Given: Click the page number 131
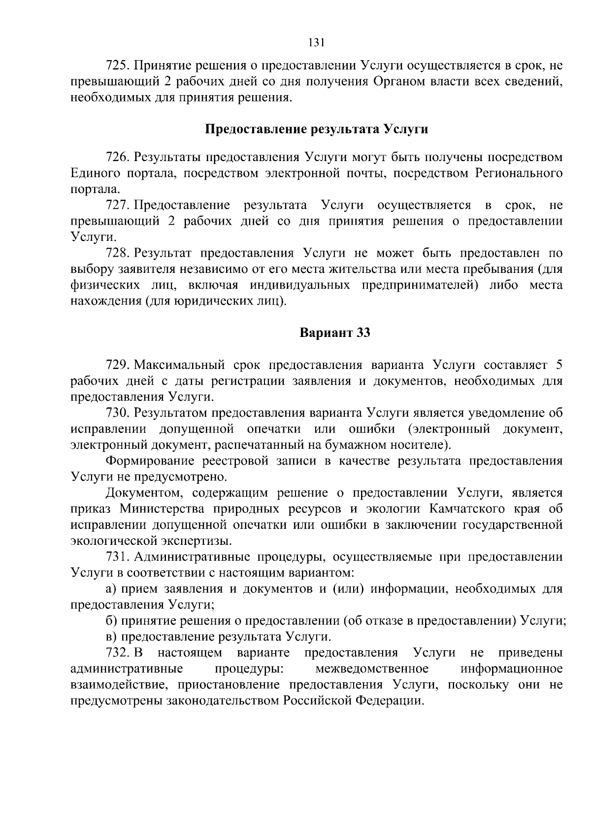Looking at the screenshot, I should point(316,42).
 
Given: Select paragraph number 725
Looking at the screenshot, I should point(118,66).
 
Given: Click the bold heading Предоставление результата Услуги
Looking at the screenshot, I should point(316,130).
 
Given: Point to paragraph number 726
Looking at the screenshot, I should point(118,157).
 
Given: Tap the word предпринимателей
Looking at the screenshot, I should point(420,285).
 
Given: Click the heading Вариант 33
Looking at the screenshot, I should point(335,333).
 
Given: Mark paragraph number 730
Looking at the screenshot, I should point(118,413).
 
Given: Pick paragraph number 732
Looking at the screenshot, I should point(118,653).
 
